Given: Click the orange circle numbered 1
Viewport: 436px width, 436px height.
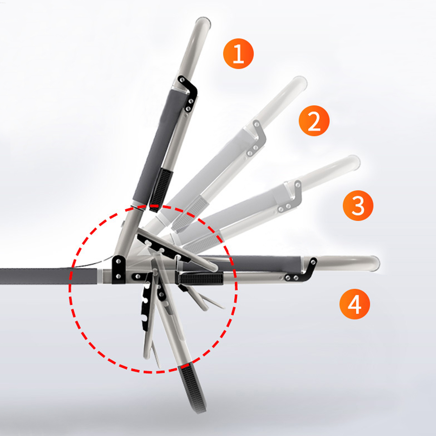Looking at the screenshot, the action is tap(238, 54).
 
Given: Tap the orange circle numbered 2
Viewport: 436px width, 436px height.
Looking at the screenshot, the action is tap(314, 121).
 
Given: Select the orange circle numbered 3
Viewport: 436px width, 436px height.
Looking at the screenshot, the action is tap(358, 205).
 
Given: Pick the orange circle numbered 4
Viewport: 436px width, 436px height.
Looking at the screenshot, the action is tap(355, 304).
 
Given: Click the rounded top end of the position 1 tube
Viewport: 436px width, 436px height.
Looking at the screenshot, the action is tap(203, 22).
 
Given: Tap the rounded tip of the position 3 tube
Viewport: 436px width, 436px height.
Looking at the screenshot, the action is tap(353, 162).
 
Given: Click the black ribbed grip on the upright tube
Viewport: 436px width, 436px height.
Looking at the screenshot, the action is tap(161, 190).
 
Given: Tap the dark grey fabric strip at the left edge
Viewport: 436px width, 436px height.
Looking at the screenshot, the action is tap(48, 276).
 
